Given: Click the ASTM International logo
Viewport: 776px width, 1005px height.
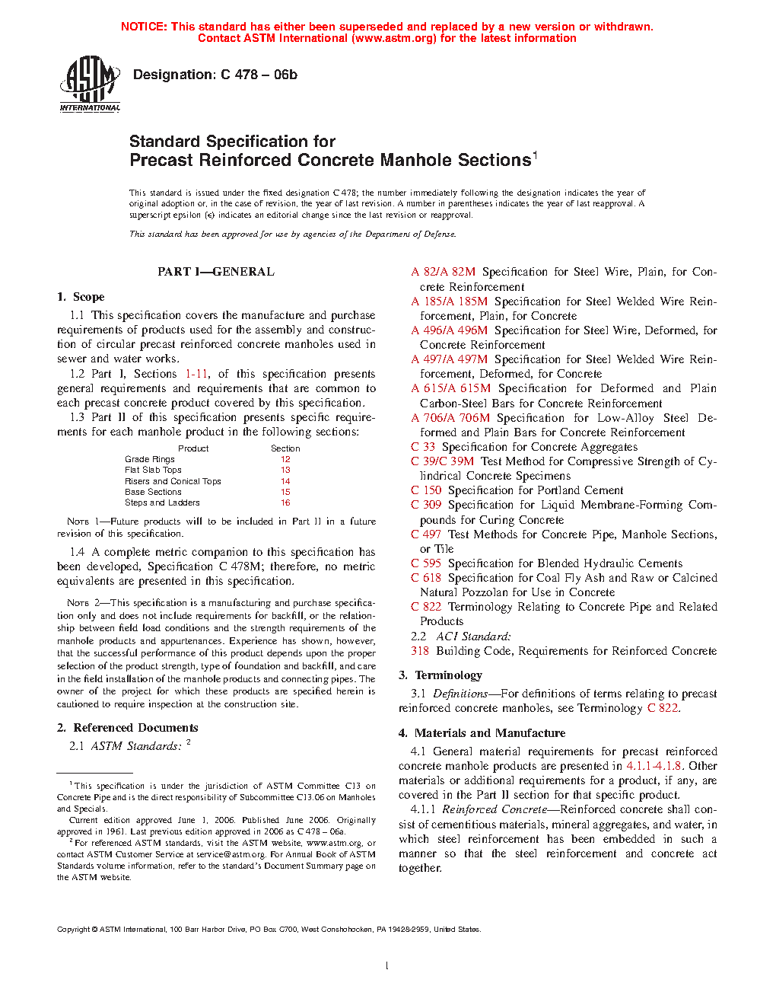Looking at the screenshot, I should pyautogui.click(x=90, y=84).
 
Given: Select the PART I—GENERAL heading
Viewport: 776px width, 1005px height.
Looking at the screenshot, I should pyautogui.click(x=216, y=272).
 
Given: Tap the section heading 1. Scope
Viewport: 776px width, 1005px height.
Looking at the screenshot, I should pyautogui.click(x=81, y=297).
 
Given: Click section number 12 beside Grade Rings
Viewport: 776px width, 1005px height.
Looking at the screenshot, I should pyautogui.click(x=285, y=459).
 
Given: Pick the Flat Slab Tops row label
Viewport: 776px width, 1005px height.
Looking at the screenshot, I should pyautogui.click(x=153, y=470).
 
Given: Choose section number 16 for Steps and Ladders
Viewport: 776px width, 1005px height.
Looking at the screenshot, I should pyautogui.click(x=285, y=502).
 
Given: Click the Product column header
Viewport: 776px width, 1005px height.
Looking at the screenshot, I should pyautogui.click(x=193, y=448).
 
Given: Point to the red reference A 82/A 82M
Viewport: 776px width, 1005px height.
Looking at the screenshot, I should pyautogui.click(x=443, y=272).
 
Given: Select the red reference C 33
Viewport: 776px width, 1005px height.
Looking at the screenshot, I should pyautogui.click(x=423, y=447).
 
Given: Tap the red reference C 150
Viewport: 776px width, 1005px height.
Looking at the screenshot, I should pyautogui.click(x=426, y=490).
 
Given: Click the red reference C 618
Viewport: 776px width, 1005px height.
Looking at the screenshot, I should pyautogui.click(x=426, y=578).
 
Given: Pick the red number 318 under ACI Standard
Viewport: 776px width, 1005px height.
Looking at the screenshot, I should pyautogui.click(x=420, y=651).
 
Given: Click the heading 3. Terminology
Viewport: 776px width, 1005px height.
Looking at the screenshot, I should pyautogui.click(x=440, y=675).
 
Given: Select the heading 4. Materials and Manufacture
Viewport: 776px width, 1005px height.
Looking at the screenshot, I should pyautogui.click(x=482, y=733).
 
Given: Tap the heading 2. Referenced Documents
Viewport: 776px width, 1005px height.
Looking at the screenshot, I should pyautogui.click(x=127, y=728).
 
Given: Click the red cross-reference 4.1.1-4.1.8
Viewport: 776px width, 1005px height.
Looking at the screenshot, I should pyautogui.click(x=654, y=766).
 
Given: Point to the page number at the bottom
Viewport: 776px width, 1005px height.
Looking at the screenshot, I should pyautogui.click(x=387, y=966).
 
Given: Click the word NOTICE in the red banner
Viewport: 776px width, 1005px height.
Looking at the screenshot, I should pyautogui.click(x=144, y=27).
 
